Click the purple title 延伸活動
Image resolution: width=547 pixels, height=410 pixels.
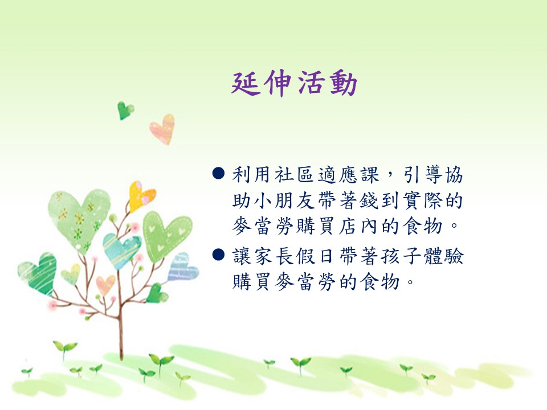(294, 84)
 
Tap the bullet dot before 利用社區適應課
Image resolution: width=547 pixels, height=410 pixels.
(218, 173)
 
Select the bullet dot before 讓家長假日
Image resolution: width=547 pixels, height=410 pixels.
(218, 255)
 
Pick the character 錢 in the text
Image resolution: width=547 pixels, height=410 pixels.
(369, 200)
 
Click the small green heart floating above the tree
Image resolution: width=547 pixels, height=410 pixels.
(125, 110)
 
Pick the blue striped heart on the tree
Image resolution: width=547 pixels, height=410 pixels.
(182, 268)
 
